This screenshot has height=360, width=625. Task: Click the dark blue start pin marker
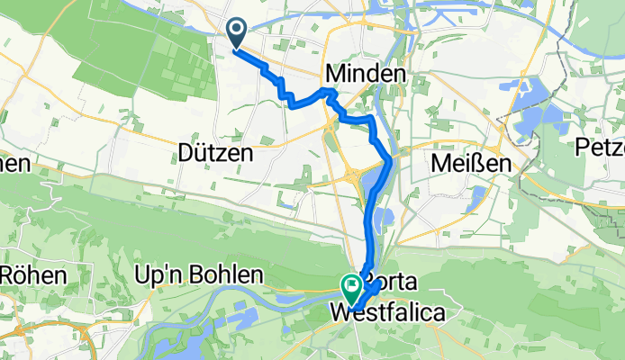point(237,34)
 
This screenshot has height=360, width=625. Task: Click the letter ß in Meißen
point(472,164)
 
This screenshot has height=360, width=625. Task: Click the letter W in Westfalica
point(343,314)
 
